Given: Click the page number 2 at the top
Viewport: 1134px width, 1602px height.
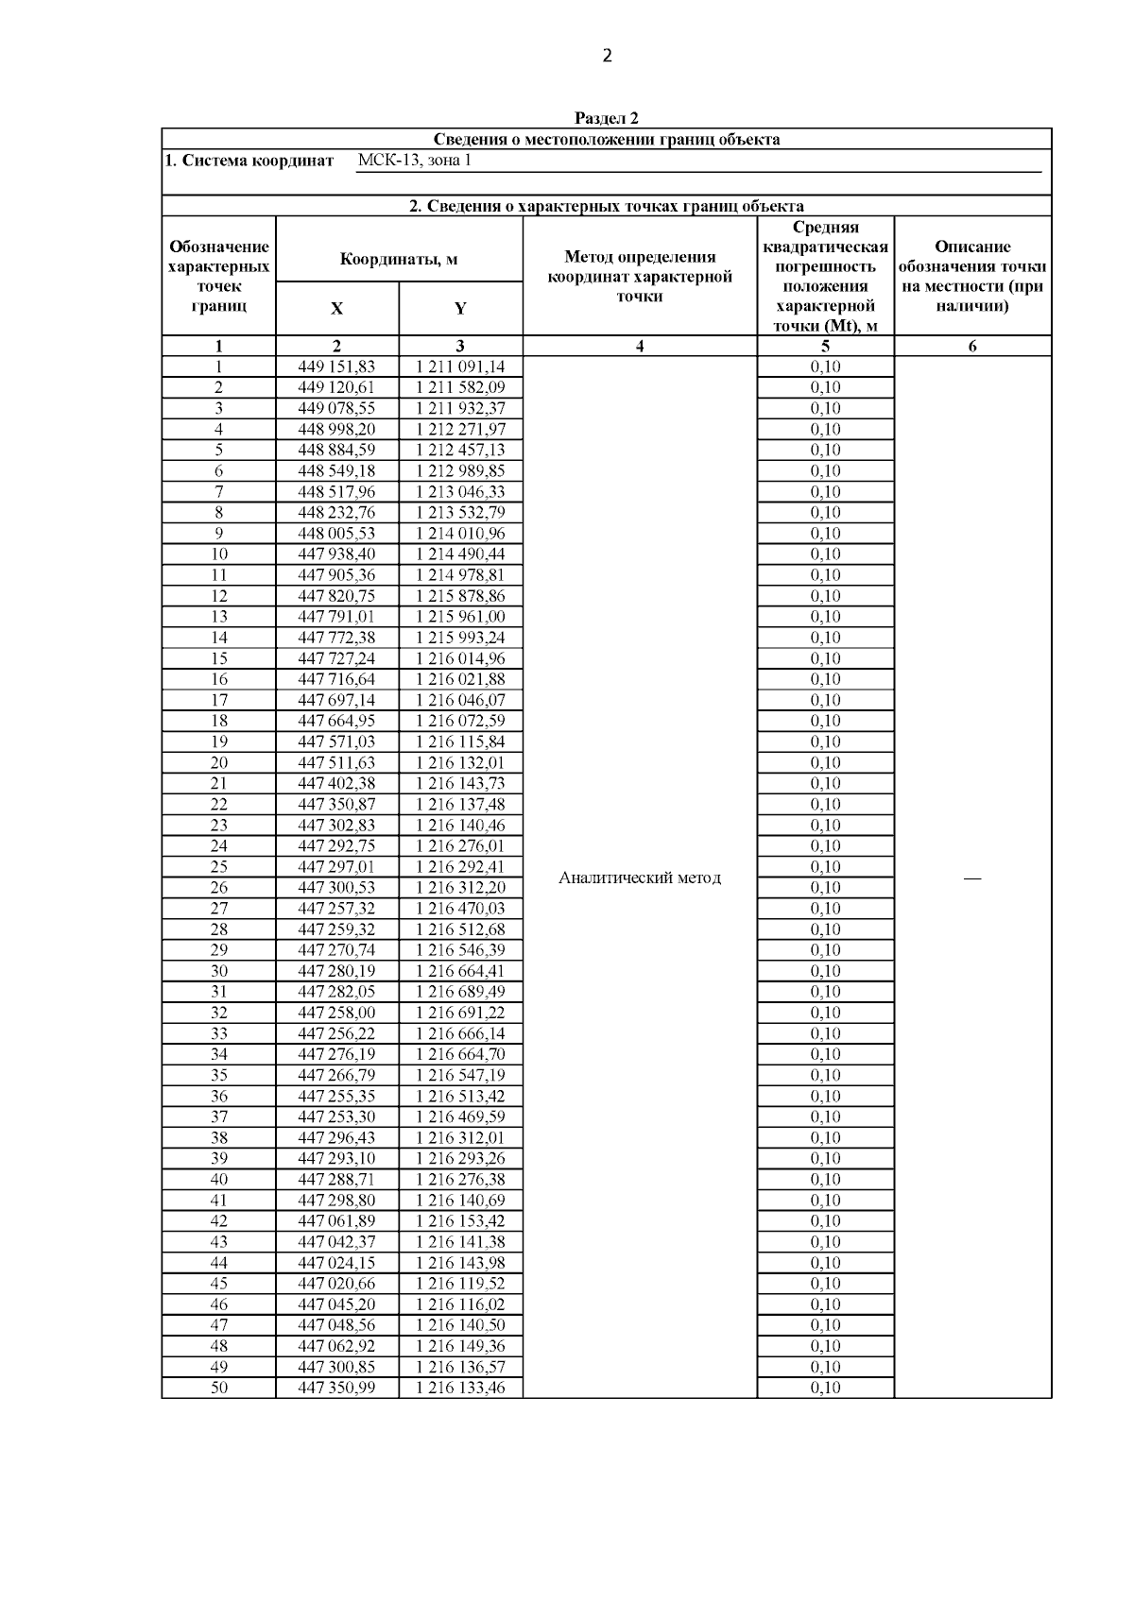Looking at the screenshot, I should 607,56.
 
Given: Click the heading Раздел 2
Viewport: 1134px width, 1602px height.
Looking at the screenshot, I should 607,118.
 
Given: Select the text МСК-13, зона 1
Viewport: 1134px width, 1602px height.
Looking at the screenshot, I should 415,161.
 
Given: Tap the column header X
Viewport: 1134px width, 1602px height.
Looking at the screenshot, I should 336,309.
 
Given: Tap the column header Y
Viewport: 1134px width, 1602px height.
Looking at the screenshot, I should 460,309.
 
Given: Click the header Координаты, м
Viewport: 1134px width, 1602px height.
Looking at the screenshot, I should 399,259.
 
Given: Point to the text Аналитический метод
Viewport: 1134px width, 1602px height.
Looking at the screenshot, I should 640,878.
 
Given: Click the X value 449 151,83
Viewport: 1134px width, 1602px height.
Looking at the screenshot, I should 336,366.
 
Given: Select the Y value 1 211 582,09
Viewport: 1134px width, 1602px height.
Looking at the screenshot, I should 460,387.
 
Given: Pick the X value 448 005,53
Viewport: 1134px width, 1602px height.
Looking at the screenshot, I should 336,533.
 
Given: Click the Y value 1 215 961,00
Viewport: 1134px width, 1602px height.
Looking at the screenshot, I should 460,617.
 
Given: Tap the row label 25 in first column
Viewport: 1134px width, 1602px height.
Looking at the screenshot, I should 218,866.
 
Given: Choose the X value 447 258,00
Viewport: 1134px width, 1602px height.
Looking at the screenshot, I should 336,1013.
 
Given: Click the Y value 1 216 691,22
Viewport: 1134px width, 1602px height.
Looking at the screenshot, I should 460,1013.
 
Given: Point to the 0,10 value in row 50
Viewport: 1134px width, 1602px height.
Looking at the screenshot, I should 825,1388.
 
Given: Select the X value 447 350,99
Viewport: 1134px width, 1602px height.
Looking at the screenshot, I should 336,1388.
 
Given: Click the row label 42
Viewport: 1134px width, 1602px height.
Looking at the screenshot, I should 218,1220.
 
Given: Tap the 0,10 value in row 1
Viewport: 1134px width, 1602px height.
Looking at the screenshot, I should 825,366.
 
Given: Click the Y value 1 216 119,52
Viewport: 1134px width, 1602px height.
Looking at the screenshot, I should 460,1283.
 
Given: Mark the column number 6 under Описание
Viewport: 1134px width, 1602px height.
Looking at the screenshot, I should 972,346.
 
